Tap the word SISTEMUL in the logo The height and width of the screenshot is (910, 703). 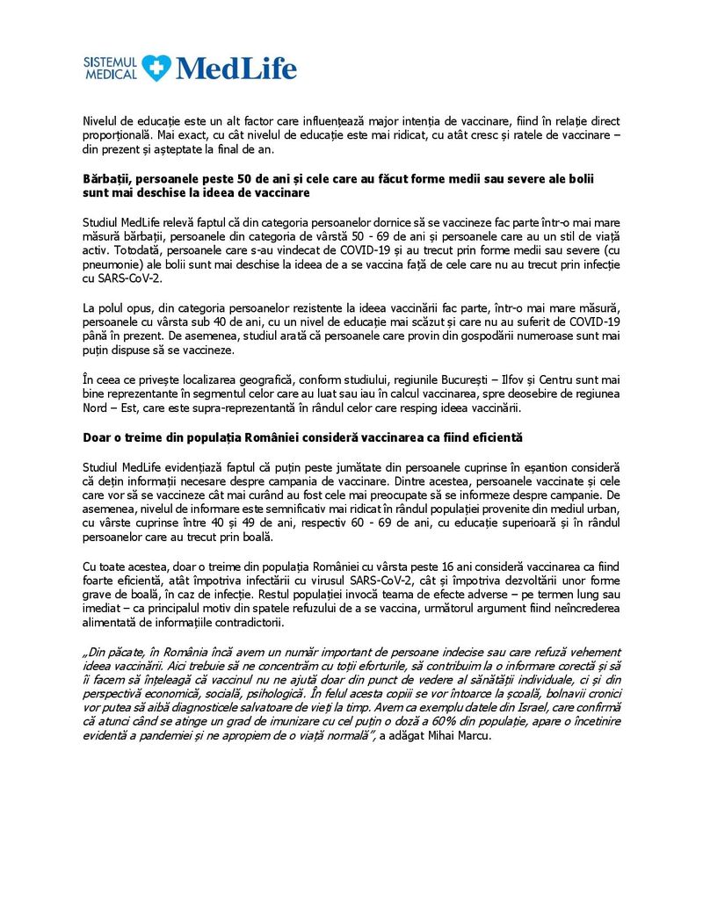coord(110,61)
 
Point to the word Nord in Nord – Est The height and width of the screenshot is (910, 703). coord(98,408)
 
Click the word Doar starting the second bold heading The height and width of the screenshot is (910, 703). coord(98,437)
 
